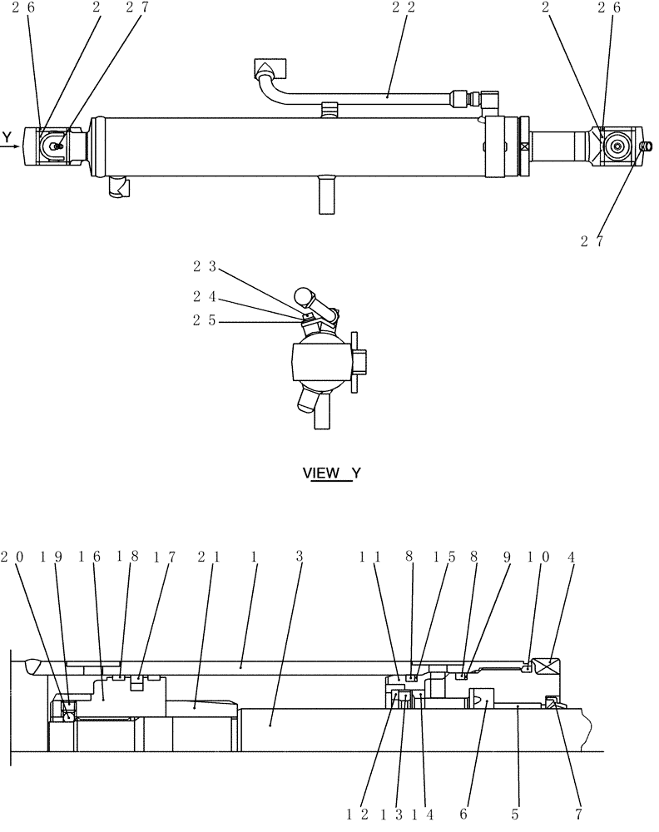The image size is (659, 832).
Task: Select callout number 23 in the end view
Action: coord(205,266)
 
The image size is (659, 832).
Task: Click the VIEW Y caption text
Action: coord(331,473)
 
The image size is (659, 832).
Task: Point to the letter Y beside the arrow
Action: coord(7,136)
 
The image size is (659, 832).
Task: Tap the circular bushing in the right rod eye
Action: coord(618,146)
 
